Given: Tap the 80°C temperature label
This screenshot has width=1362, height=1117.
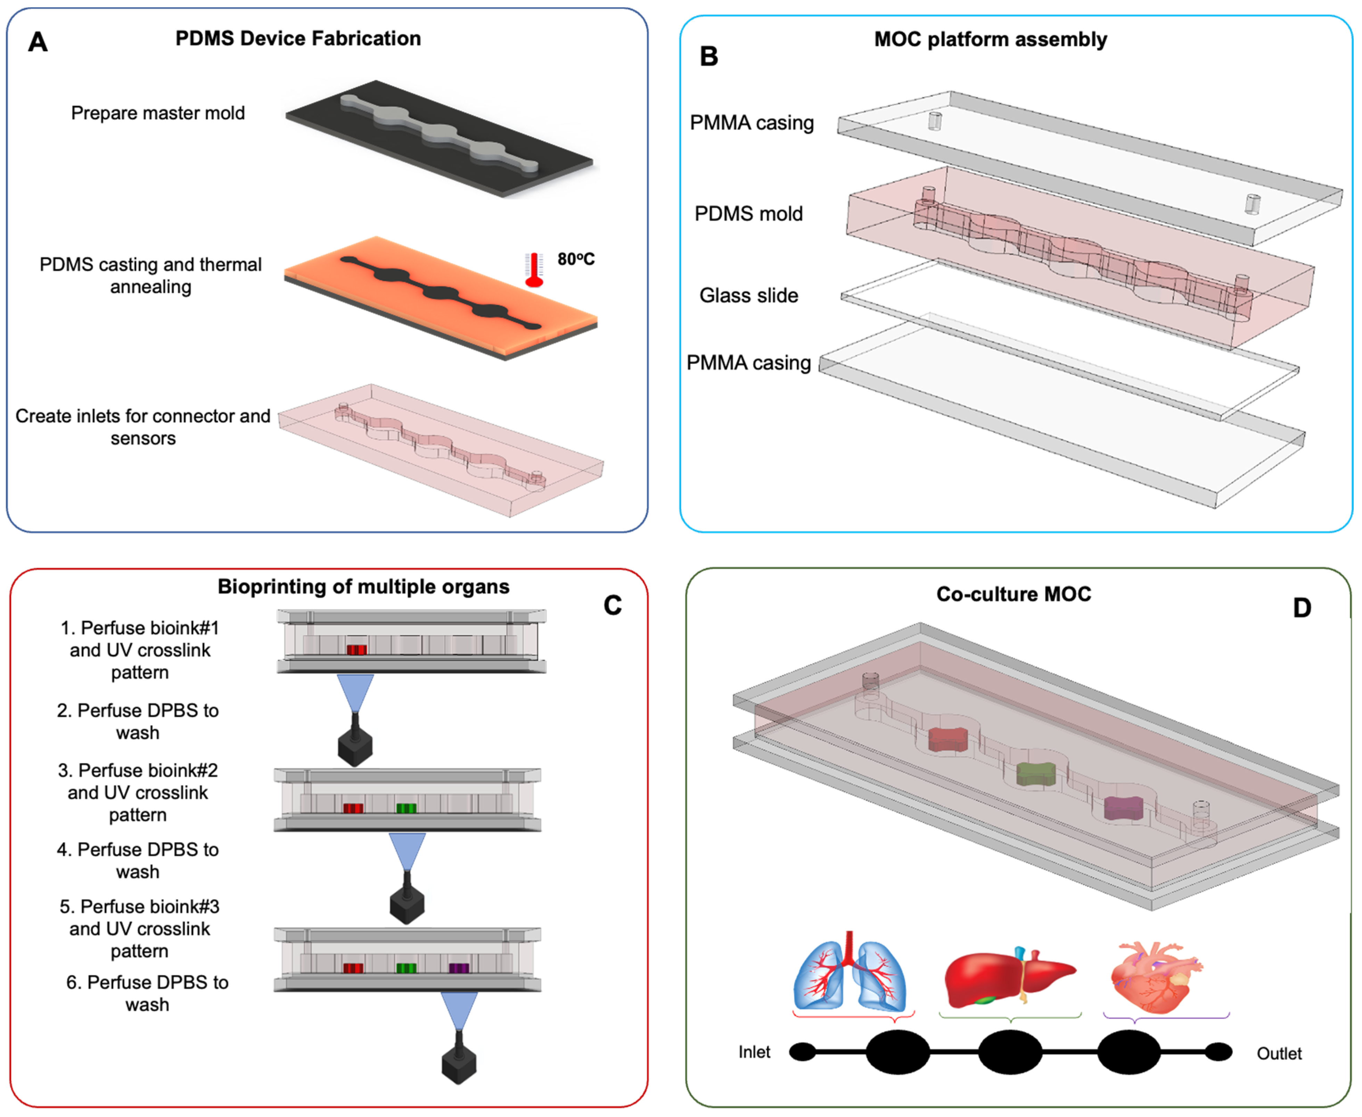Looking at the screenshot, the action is (x=576, y=259).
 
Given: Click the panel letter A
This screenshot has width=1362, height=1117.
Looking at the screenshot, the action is (x=38, y=42).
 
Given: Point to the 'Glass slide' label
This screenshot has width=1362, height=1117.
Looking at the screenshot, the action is (x=748, y=295).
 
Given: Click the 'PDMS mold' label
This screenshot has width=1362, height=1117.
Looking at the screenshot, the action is (x=748, y=214).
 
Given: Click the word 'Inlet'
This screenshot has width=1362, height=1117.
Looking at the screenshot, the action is (x=754, y=1052).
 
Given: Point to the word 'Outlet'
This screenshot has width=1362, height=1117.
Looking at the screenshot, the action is (x=1279, y=1053).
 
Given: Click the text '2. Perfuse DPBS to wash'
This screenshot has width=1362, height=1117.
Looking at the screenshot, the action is (x=138, y=721).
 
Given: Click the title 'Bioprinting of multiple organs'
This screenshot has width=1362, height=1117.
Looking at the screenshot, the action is (x=363, y=587).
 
